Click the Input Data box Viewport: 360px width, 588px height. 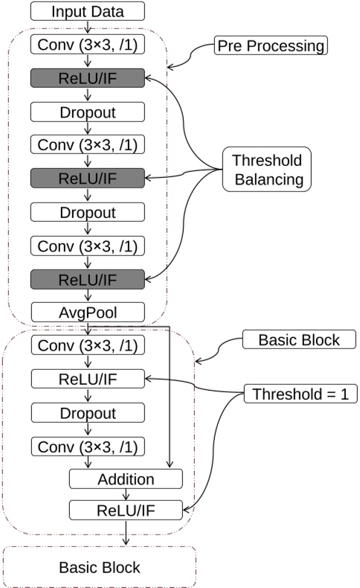click(87, 12)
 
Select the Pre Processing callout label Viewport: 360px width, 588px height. click(270, 46)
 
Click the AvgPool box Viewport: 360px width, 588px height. click(87, 311)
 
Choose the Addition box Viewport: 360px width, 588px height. click(126, 479)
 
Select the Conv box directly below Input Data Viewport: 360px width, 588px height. click(87, 47)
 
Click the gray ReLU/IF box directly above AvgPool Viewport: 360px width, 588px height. click(87, 278)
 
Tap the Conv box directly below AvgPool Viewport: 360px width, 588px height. click(87, 346)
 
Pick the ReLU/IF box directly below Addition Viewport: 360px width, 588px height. click(126, 510)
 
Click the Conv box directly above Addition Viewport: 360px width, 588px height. click(87, 447)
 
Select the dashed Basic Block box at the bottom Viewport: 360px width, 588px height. click(100, 567)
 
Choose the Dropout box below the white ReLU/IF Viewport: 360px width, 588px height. click(87, 413)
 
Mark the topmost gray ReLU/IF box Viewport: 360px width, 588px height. click(87, 77)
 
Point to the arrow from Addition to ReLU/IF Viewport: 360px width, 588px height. click(126, 494)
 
